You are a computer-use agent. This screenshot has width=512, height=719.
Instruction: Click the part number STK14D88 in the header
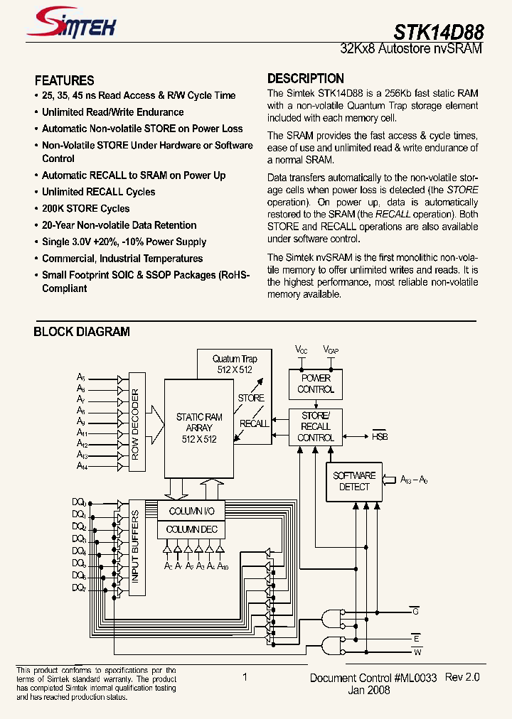[x=439, y=33]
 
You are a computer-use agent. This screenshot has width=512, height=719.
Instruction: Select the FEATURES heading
[x=64, y=80]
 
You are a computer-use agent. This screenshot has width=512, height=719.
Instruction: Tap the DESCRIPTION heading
[x=306, y=78]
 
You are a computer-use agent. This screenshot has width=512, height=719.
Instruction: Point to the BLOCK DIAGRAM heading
[x=82, y=331]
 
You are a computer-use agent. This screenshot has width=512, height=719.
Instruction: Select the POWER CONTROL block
[x=316, y=384]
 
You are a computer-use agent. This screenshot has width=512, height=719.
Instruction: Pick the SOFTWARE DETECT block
[x=353, y=481]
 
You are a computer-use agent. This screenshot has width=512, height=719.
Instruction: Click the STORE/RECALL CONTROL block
[x=316, y=426]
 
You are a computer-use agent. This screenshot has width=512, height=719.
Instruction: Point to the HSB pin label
[x=380, y=436]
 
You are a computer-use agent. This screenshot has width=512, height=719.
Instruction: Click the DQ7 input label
[x=79, y=588]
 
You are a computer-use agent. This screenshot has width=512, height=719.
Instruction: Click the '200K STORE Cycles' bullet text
[x=85, y=208]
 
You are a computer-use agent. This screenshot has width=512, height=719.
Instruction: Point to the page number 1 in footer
[x=245, y=677]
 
